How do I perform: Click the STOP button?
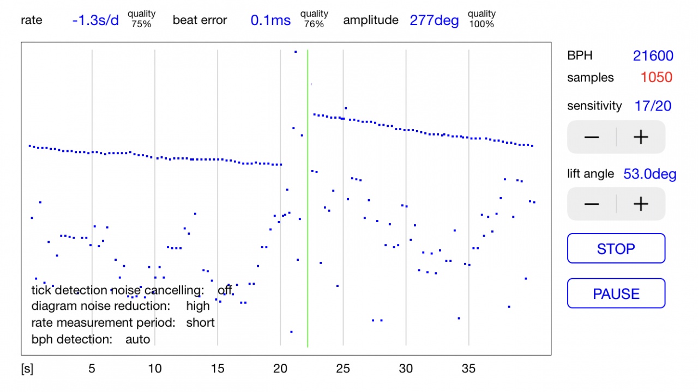[x=616, y=249]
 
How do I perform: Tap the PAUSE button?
[x=616, y=294]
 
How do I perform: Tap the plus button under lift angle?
[x=641, y=204]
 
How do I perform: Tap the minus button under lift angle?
[x=592, y=204]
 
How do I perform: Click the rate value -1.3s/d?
[x=95, y=21]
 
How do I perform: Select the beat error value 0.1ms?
[x=270, y=21]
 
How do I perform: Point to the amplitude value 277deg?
[x=434, y=21]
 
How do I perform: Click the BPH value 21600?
[x=653, y=56]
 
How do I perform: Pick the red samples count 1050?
[x=656, y=78]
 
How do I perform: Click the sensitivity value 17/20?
[x=653, y=106]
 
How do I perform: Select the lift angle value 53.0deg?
[x=650, y=174]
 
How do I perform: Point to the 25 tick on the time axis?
[x=343, y=369]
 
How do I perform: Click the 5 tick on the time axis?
[x=92, y=369]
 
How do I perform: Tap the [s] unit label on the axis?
[x=27, y=369]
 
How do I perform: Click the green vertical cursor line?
[x=308, y=218]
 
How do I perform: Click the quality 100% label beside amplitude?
[x=482, y=19]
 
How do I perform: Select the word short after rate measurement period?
[x=201, y=322]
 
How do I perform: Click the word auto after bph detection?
[x=137, y=339]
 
